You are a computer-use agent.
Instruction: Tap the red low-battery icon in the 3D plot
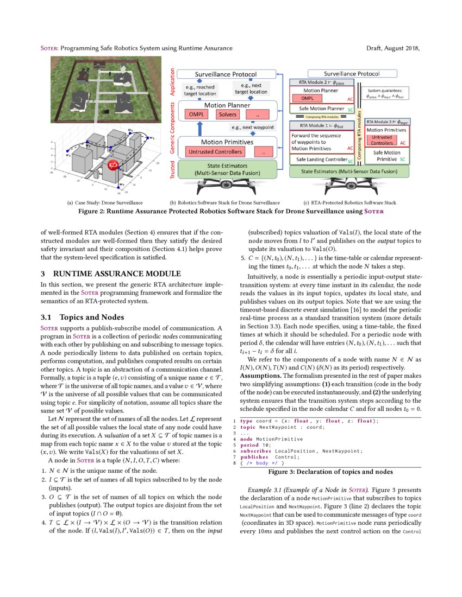[114, 165]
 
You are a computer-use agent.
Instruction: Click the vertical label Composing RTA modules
[359, 135]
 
